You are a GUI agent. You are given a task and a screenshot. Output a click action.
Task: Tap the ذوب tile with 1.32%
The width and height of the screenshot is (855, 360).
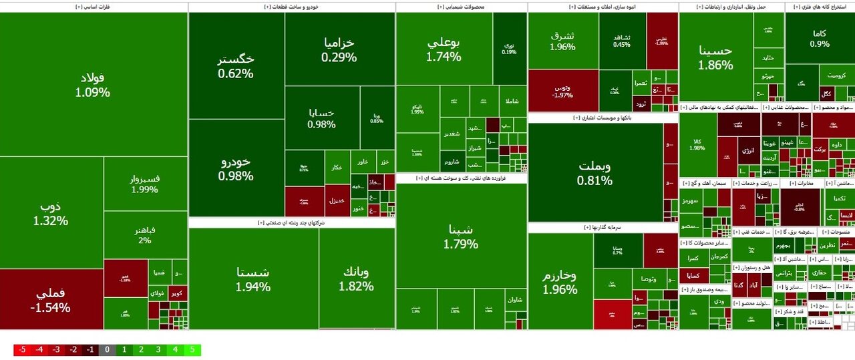point(51,212)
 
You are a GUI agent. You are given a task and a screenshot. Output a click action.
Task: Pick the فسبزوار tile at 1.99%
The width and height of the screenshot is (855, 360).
point(145,184)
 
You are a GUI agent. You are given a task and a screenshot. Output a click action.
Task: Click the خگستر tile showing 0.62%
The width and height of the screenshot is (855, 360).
point(236,66)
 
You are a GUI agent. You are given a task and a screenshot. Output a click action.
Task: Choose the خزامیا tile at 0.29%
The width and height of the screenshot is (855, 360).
point(339,49)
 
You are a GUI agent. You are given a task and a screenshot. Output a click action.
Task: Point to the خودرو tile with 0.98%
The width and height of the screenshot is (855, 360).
point(236,168)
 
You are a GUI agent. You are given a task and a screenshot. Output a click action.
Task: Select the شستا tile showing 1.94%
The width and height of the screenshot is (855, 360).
point(253,279)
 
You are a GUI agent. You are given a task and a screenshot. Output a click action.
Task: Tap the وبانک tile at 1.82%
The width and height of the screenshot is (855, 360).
point(356,279)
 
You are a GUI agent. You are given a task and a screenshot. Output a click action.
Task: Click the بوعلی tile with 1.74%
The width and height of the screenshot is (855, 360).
point(444,49)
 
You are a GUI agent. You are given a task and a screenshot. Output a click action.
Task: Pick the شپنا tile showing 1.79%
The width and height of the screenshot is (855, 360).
point(461,236)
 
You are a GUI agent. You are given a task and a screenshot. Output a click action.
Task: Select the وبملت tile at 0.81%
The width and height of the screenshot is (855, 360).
point(595,172)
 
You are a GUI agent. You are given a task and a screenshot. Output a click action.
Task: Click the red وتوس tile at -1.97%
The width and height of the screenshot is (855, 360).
point(562,90)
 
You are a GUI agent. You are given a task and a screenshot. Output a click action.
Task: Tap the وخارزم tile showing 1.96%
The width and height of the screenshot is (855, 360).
point(560,282)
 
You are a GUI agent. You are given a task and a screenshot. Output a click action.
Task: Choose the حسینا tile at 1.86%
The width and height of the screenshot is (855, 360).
point(715,57)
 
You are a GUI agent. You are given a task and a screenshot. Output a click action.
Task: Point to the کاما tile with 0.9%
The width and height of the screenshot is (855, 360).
point(819,38)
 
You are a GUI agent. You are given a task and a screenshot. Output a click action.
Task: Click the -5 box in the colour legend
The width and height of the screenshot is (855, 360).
point(21,350)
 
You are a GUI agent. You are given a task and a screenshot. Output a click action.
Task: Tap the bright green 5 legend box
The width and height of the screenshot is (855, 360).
point(192,350)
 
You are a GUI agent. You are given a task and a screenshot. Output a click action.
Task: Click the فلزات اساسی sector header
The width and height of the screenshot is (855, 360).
point(94,7)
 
